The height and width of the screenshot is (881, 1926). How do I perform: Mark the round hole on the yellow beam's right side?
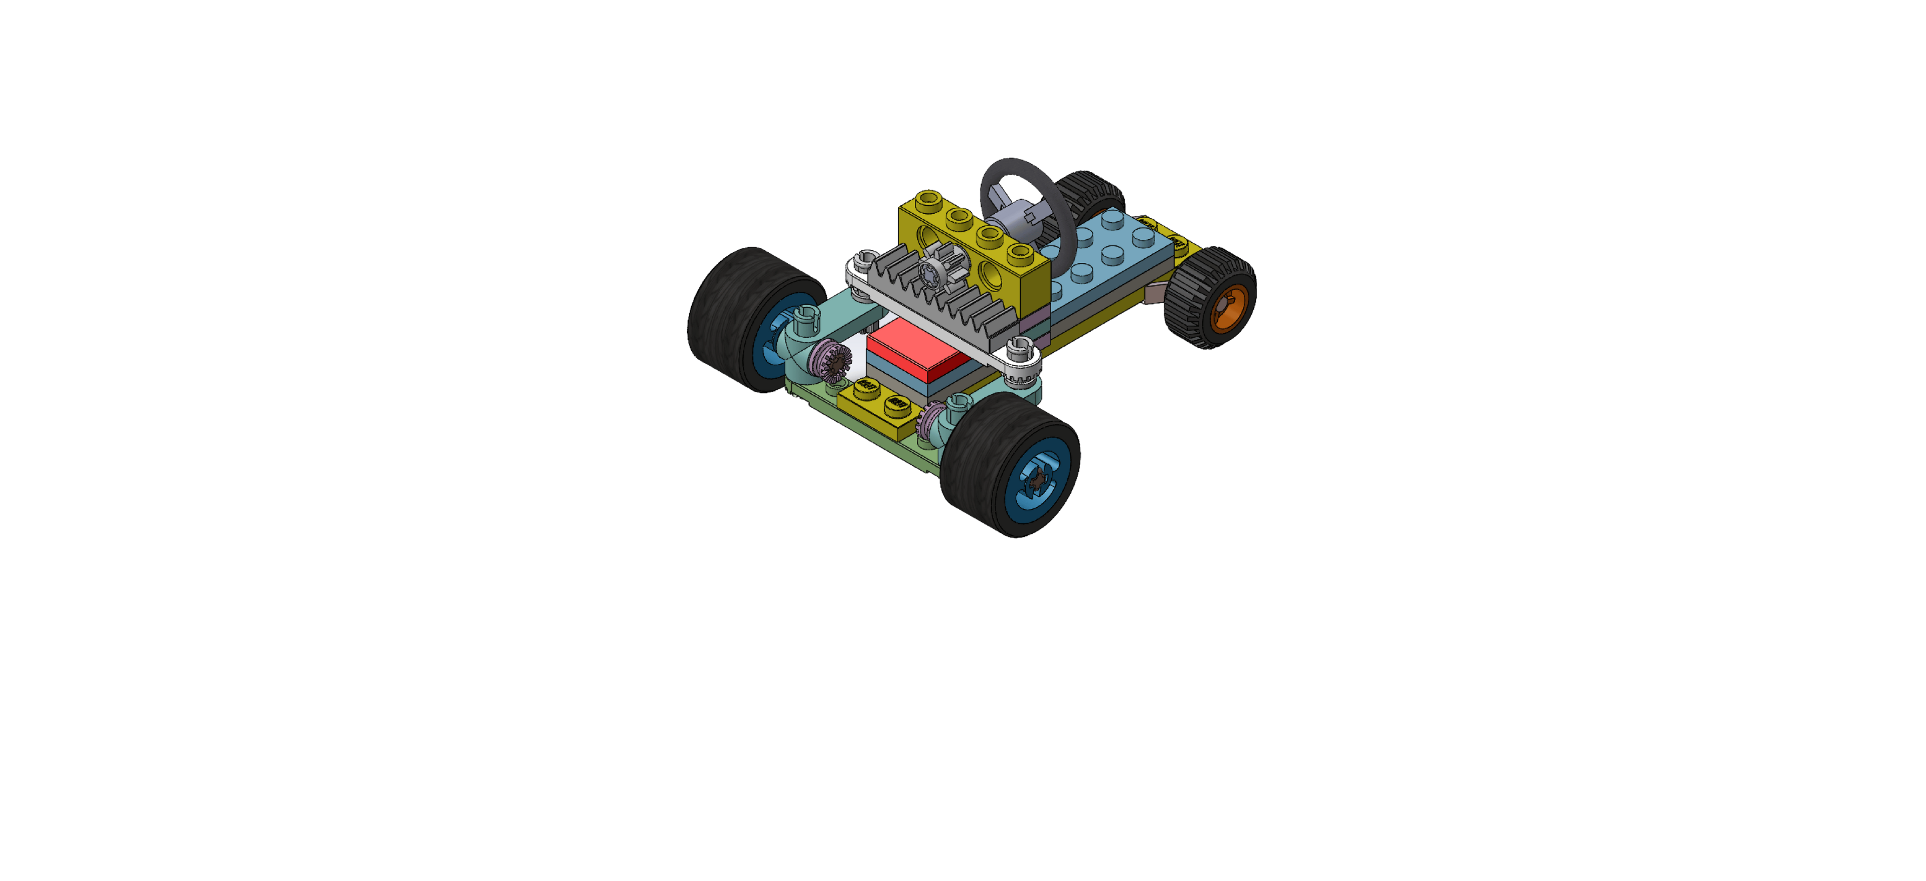[995, 277]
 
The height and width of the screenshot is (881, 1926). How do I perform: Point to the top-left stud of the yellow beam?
[928, 198]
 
